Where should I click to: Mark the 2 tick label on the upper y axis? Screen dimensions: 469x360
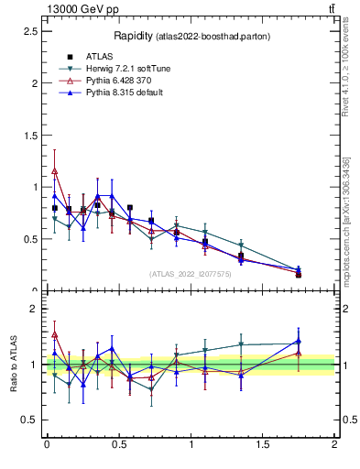coord(34,83)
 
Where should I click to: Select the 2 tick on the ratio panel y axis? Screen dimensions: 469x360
coord(34,309)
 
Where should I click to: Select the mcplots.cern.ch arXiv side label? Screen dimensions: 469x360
coord(345,206)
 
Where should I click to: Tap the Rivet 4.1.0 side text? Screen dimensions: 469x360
coord(345,69)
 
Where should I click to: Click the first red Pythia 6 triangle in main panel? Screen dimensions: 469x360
coord(55,170)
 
